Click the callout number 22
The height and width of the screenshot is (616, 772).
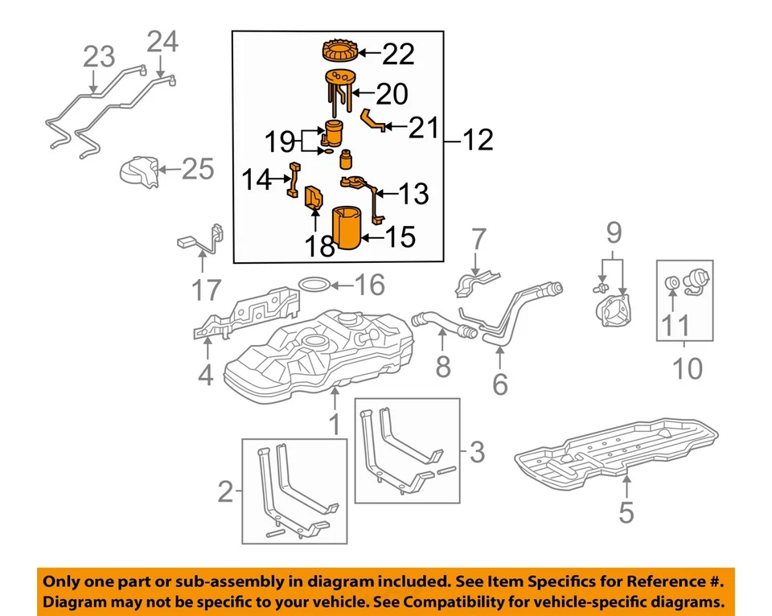pyautogui.click(x=398, y=55)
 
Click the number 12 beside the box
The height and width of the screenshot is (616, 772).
pyautogui.click(x=478, y=142)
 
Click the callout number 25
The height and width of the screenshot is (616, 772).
pyautogui.click(x=198, y=169)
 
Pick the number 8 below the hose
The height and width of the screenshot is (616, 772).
pyautogui.click(x=443, y=368)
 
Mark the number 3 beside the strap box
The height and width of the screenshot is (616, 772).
pyautogui.click(x=477, y=453)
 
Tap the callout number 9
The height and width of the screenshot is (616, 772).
pyautogui.click(x=614, y=234)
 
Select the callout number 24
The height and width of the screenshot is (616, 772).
pyautogui.click(x=162, y=42)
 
